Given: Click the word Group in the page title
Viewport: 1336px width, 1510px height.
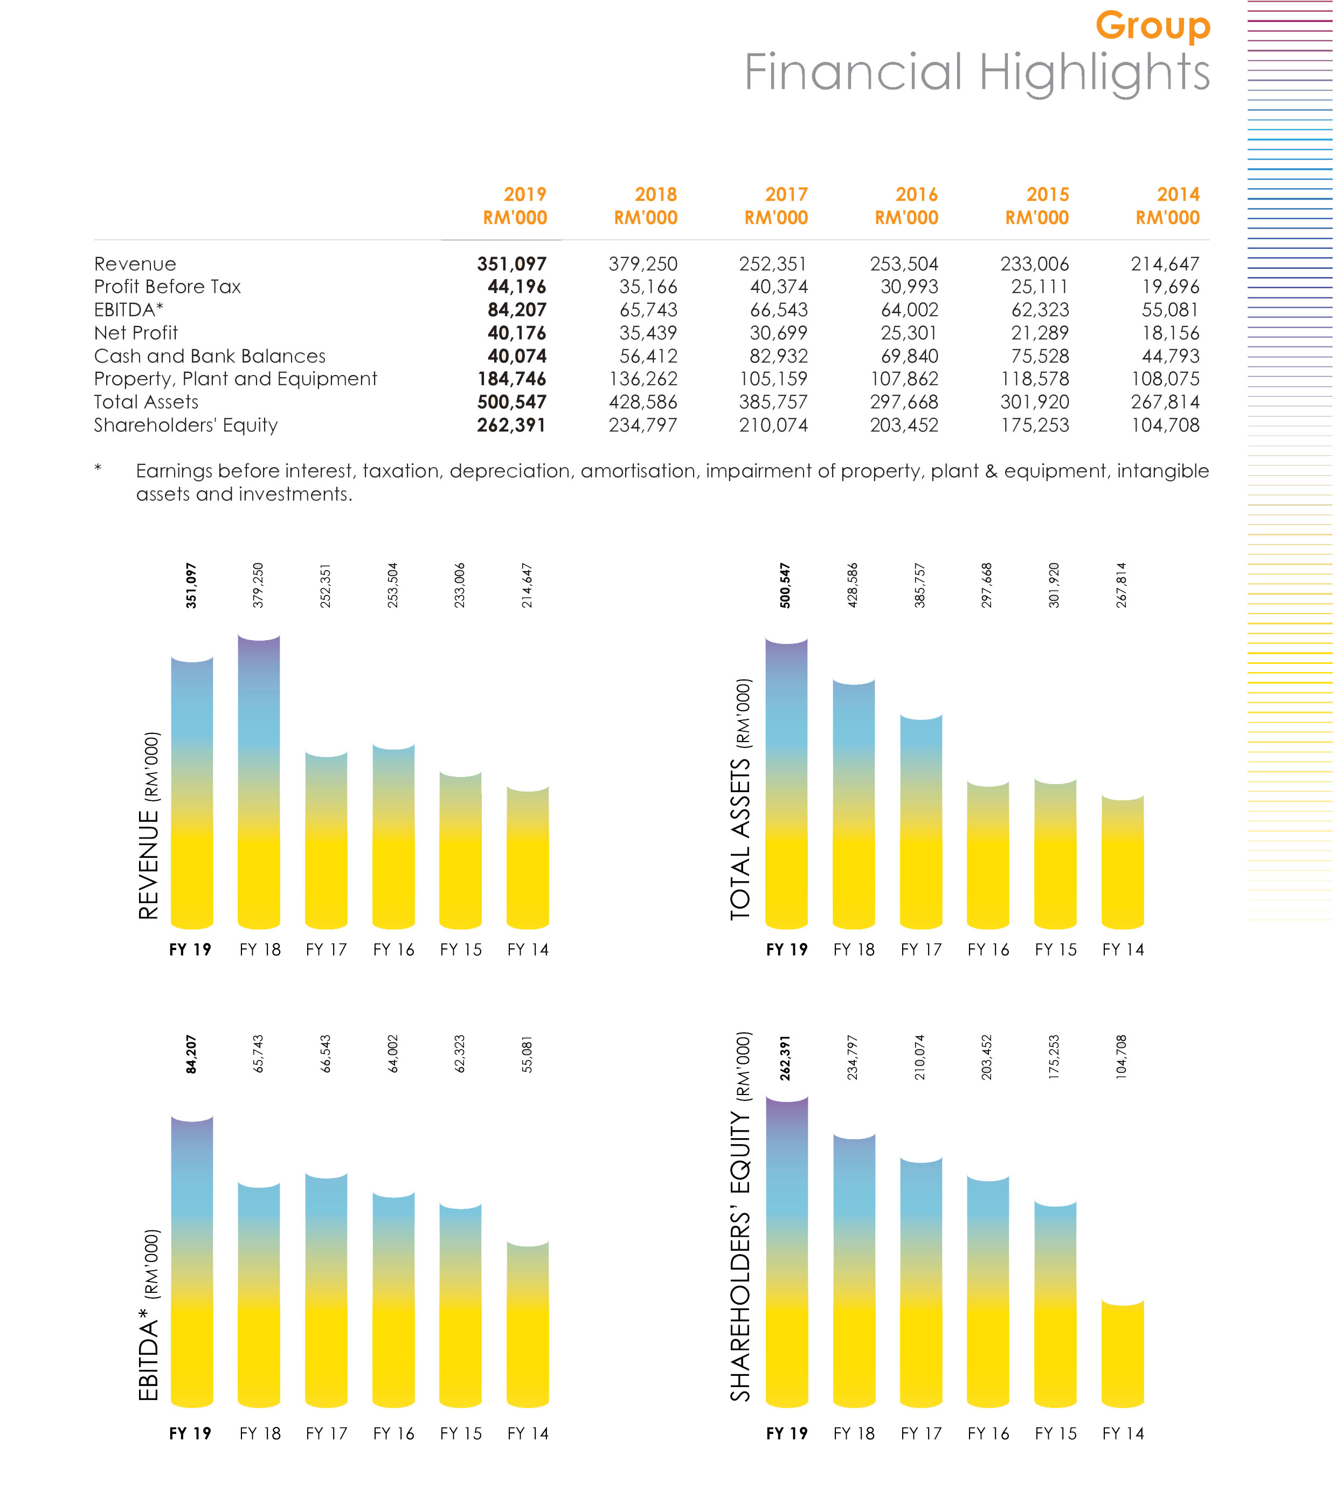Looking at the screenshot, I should click(x=1152, y=26).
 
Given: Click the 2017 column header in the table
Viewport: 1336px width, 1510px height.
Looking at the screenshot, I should click(x=786, y=195).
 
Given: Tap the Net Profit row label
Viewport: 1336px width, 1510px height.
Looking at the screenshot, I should click(x=136, y=333).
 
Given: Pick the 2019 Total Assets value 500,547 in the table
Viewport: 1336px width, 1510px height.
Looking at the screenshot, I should click(x=511, y=402).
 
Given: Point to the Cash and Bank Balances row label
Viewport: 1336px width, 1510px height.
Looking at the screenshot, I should click(x=210, y=356).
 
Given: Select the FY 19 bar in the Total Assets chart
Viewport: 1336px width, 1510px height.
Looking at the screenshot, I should click(x=786, y=783).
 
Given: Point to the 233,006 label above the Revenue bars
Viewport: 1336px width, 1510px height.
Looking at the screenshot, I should click(x=460, y=585).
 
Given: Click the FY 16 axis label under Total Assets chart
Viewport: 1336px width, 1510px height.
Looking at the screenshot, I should click(x=988, y=950).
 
